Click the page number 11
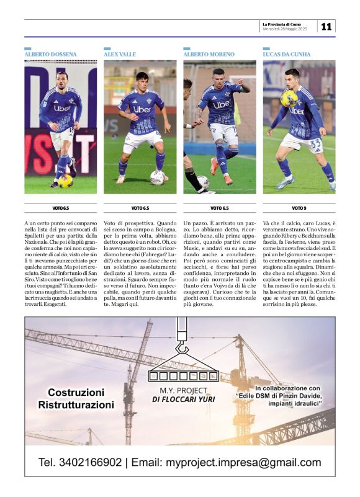[x=326, y=26]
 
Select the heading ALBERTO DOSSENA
[x=51, y=55]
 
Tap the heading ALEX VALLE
[x=119, y=55]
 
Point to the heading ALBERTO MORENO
[x=209, y=55]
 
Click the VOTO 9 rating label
[x=299, y=208]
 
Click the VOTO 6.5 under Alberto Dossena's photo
[x=60, y=208]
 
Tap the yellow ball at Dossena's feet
[x=66, y=181]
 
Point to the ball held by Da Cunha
[x=289, y=98]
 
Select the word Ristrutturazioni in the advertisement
[x=76, y=405]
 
